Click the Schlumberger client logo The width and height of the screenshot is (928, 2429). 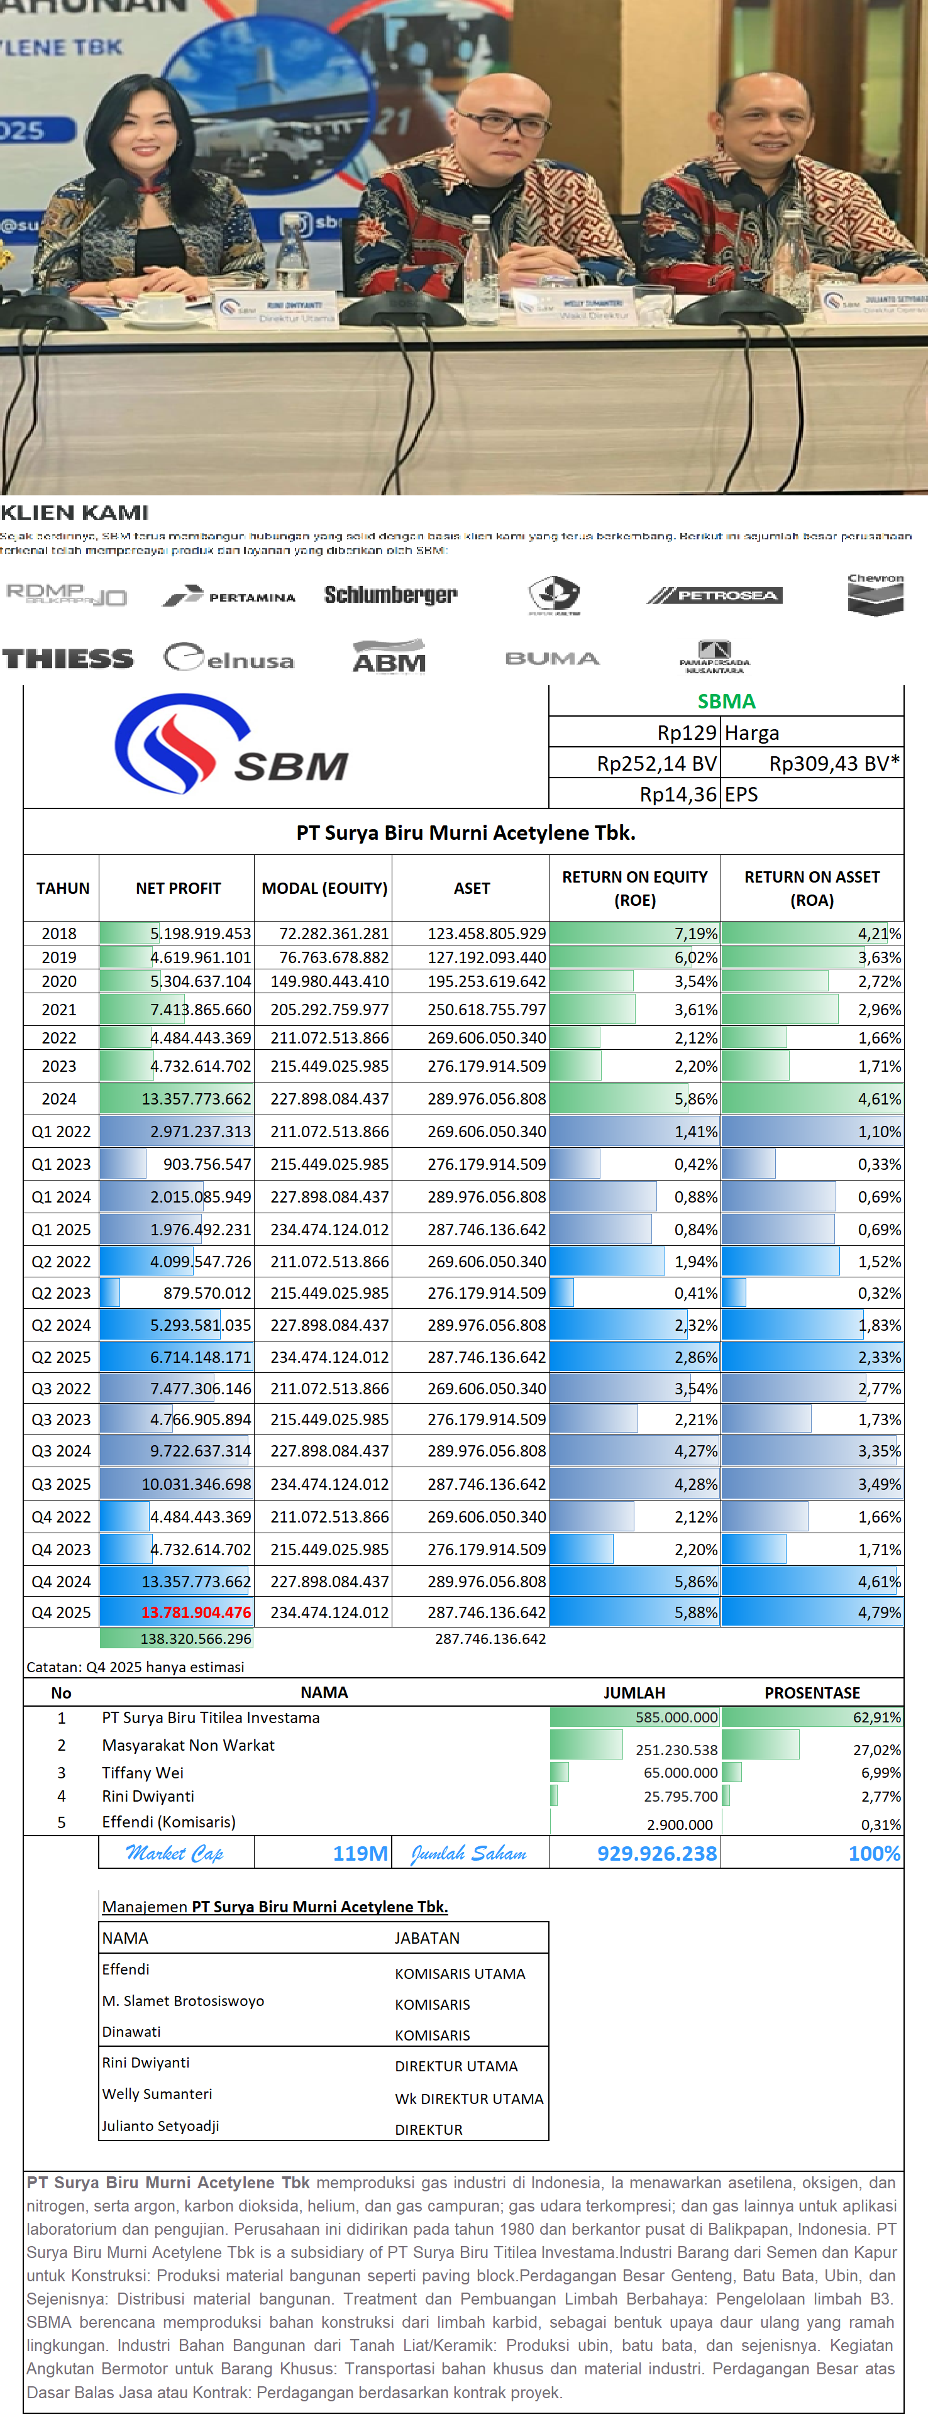tap(390, 595)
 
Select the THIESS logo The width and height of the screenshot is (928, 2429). tap(68, 658)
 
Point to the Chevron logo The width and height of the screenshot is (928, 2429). tap(875, 594)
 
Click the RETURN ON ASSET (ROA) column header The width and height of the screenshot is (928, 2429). tap(812, 888)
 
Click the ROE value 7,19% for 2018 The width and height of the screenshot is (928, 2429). tap(695, 934)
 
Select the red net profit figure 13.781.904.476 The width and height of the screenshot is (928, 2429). tap(196, 1612)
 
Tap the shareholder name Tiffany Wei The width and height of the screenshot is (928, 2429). tap(142, 1773)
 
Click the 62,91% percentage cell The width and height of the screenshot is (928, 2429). tap(876, 1718)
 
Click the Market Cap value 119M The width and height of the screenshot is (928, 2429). tap(360, 1854)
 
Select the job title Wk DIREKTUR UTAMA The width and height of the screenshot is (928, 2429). tap(469, 2099)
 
